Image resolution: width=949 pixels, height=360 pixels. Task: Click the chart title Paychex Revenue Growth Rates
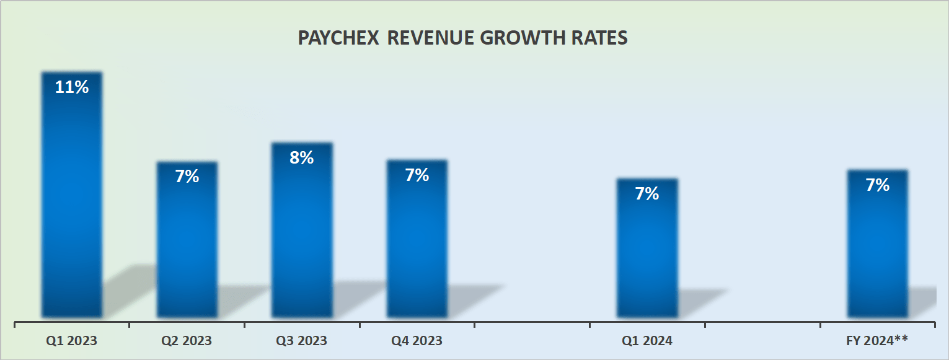pos(462,38)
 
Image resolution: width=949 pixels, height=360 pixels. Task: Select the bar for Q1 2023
pos(72,204)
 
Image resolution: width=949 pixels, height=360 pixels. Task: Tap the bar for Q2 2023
pos(187,248)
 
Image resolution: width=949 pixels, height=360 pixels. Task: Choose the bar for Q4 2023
pos(417,248)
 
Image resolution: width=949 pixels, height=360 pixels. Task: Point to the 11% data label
pos(72,87)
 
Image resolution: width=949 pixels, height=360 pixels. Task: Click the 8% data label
pos(302,158)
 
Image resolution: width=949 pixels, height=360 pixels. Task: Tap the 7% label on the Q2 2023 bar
pos(187,177)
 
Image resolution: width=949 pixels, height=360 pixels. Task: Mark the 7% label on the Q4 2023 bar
pos(417,175)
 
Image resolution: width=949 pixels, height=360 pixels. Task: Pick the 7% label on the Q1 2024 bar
pos(647,194)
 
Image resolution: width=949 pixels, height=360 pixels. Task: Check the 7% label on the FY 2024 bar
pos(877,185)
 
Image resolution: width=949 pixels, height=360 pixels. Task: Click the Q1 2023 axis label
pos(72,341)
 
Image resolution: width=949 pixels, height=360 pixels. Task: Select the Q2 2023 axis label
pos(187,341)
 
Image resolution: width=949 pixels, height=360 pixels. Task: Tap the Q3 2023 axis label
pos(302,341)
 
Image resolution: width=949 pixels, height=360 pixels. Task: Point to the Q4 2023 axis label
pos(417,341)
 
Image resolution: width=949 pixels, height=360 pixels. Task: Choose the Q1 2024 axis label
pos(647,341)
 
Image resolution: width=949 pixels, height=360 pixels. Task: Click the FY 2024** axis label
pos(877,341)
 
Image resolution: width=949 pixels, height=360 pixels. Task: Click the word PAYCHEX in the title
pos(338,38)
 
